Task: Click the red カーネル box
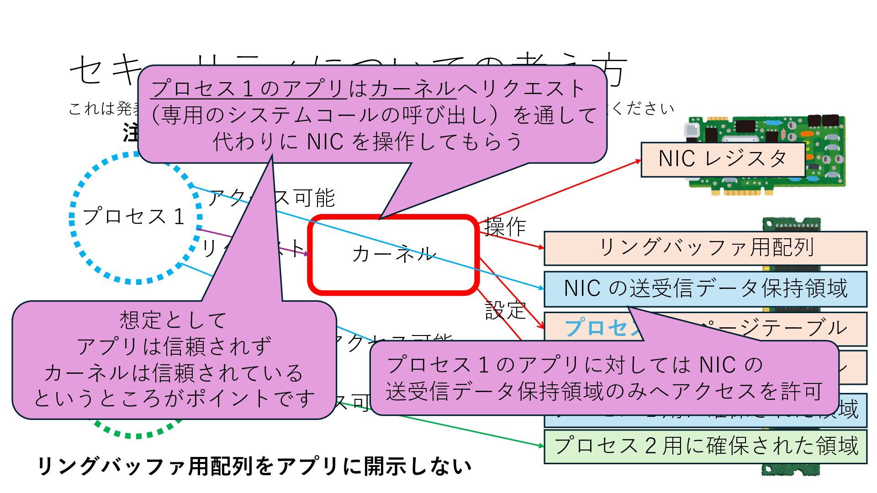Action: point(393,274)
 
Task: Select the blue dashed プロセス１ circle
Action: point(135,217)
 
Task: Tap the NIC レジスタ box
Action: point(722,159)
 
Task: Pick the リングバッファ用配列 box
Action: point(705,248)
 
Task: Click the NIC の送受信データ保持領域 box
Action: point(705,288)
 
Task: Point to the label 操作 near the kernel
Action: point(505,226)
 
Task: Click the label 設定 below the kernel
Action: point(505,310)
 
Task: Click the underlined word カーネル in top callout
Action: point(413,89)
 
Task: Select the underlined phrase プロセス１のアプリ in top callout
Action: point(248,89)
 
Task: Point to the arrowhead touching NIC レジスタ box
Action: point(638,161)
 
